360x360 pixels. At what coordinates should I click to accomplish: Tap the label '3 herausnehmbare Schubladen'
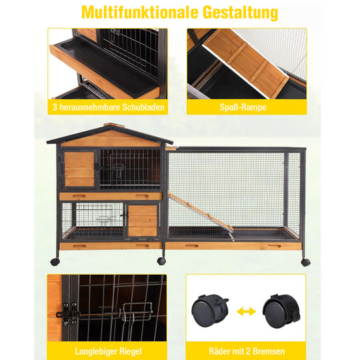click(107, 107)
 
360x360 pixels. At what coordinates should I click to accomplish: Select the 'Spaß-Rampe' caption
click(246, 107)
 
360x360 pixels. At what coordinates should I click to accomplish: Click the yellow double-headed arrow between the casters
click(246, 310)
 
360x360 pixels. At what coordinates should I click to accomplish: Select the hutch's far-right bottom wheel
click(305, 261)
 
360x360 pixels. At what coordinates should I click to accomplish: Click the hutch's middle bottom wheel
click(162, 261)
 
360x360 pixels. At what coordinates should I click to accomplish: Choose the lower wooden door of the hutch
click(142, 220)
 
